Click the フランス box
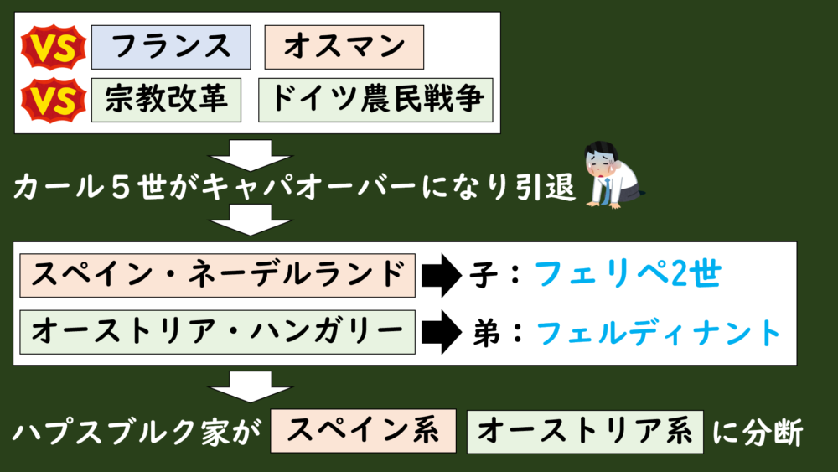pos(171,47)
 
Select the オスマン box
pos(344,47)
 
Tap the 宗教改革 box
pos(167,101)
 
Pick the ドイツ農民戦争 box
pos(376,101)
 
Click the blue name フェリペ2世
pos(627,274)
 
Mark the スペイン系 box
pos(363,431)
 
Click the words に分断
pos(758,433)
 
